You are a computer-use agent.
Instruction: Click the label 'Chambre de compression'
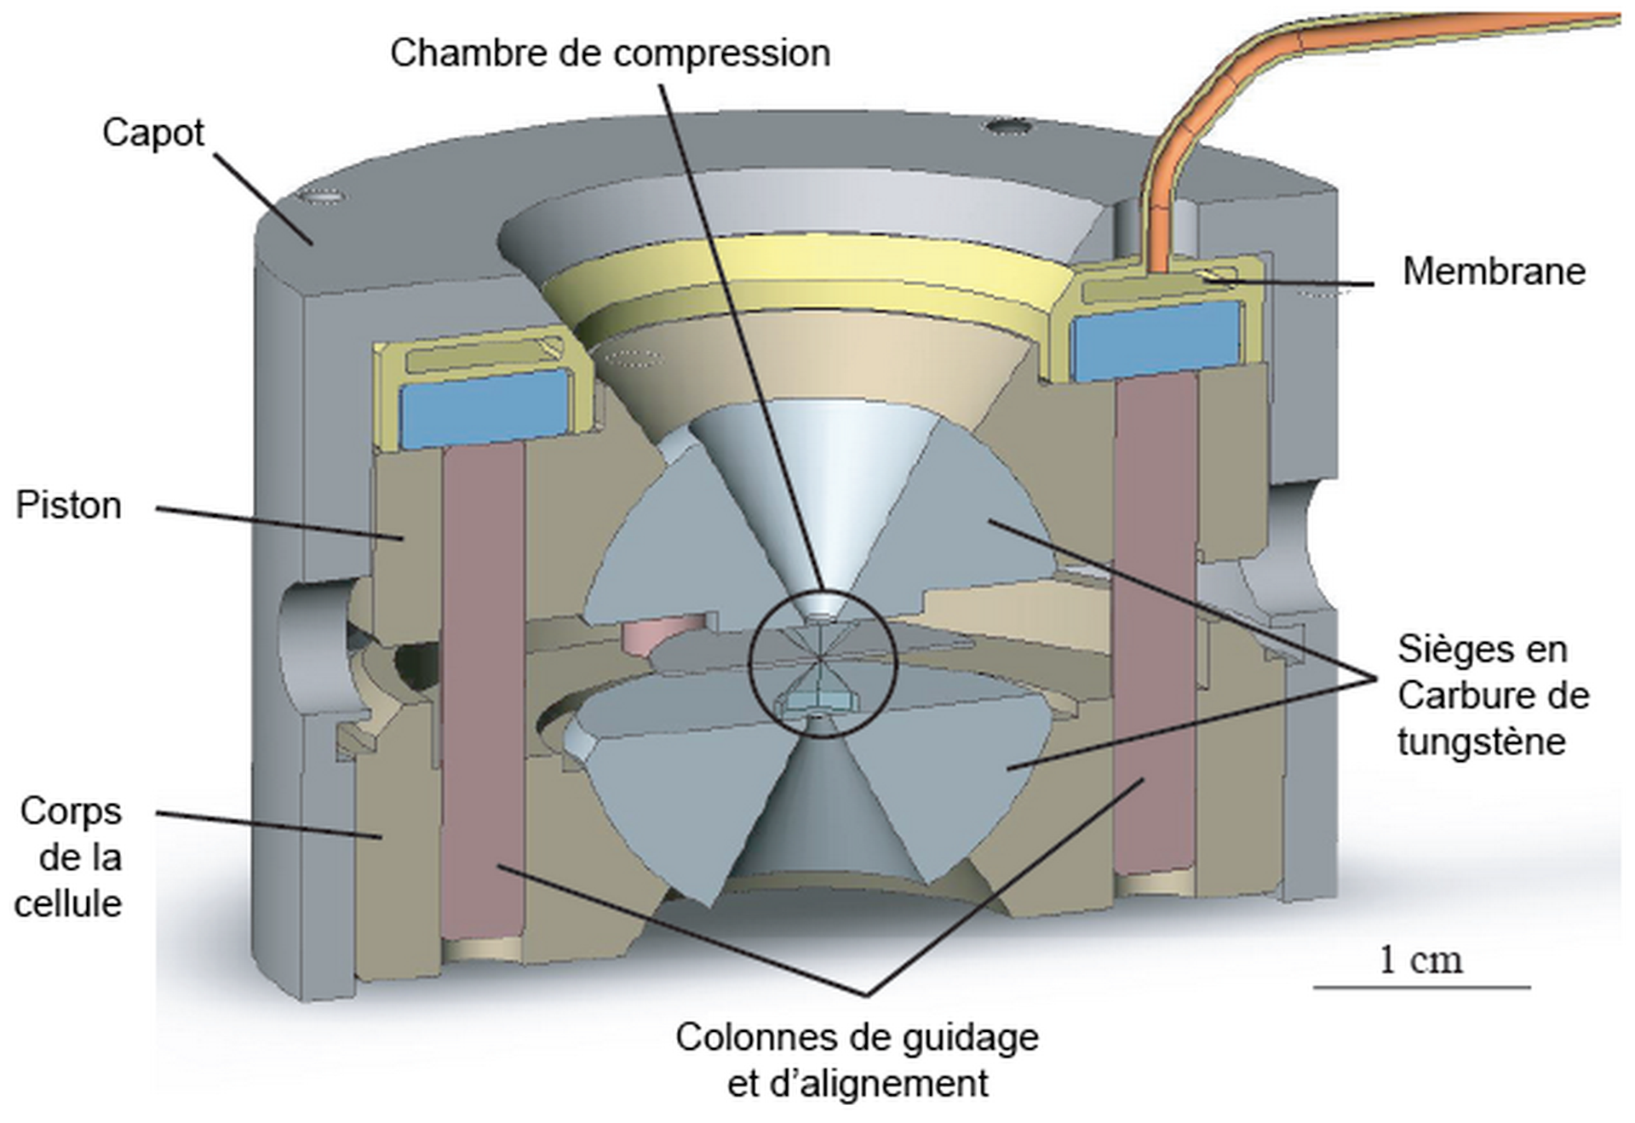pos(610,53)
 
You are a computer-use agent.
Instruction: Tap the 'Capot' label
pos(153,133)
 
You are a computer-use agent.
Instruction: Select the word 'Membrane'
pos(1494,272)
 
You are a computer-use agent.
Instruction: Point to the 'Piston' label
pos(69,506)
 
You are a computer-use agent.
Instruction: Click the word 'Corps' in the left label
pos(72,811)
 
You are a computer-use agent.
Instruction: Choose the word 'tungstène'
pos(1481,742)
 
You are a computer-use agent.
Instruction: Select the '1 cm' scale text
pos(1420,960)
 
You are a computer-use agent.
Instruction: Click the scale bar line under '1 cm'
pos(1421,988)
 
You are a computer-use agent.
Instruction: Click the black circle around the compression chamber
pos(750,664)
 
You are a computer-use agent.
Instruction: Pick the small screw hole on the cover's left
pos(323,198)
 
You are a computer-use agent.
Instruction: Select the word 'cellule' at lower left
pos(68,903)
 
